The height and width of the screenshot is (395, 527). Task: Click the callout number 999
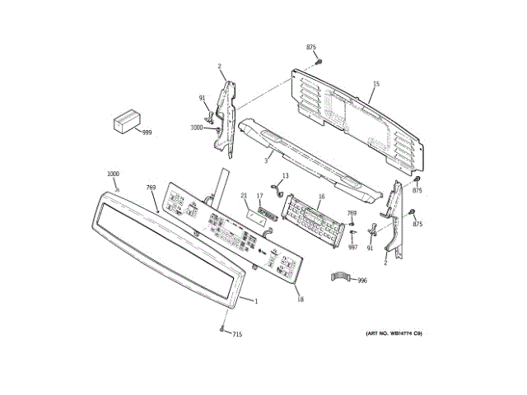147,132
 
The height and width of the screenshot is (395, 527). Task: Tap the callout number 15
375,84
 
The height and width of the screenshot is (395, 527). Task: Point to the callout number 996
362,281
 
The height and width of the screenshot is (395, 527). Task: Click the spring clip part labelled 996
342,276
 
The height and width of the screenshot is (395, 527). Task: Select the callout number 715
237,334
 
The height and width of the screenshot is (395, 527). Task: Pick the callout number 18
300,299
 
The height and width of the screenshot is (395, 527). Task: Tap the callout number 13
285,177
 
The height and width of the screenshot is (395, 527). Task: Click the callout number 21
244,195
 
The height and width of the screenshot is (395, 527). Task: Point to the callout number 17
259,195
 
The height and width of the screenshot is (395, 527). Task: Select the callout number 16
321,196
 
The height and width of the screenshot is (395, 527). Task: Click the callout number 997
352,246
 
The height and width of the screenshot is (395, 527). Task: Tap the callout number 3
266,161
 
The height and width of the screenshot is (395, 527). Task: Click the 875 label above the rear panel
311,49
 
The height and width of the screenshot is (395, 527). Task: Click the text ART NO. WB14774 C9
393,333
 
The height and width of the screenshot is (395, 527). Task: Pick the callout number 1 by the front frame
256,301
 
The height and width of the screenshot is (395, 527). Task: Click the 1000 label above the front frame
113,174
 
